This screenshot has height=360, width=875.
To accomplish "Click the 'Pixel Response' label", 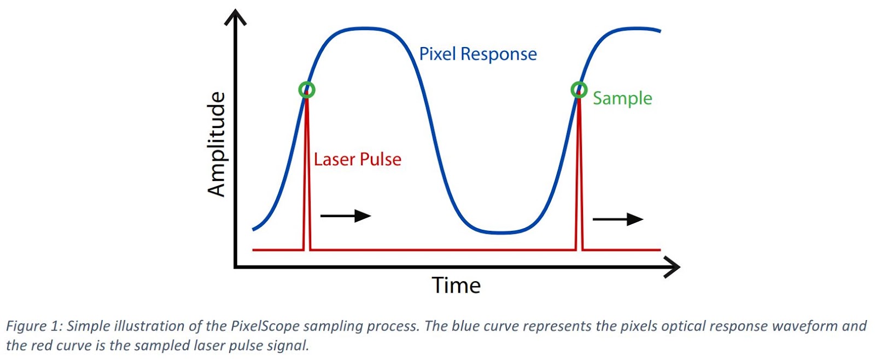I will (477, 54).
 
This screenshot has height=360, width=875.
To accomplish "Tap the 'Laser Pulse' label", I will (357, 159).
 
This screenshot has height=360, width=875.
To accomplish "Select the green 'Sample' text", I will (622, 98).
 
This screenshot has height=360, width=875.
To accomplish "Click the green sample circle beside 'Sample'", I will (579, 89).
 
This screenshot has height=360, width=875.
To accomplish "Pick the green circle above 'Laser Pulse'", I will (307, 89).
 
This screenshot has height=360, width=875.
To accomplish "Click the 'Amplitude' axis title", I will (217, 144).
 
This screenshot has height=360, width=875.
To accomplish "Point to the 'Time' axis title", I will (456, 286).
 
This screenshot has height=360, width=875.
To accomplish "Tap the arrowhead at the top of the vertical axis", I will (235, 18).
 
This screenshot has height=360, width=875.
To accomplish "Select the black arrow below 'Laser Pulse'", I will (346, 216).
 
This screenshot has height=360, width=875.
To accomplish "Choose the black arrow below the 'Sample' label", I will (618, 219).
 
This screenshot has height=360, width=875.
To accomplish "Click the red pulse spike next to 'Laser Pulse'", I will (307, 175).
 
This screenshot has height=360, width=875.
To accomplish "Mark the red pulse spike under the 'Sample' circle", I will (579, 175).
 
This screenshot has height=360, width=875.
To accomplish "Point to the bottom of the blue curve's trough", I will (500, 233).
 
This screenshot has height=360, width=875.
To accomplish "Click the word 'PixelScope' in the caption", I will (265, 326).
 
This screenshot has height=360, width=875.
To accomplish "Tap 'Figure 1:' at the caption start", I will (32, 326).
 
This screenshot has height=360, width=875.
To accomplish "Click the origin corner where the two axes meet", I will (235, 267).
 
